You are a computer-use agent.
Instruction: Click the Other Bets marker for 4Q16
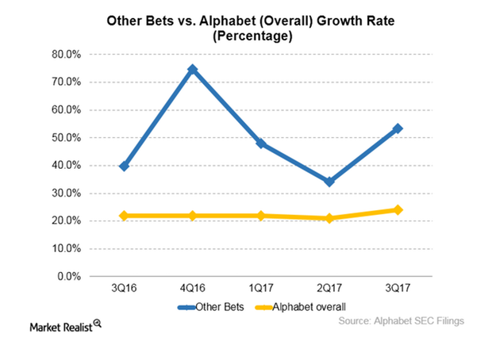click(x=192, y=70)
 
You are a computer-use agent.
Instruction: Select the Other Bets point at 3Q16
click(x=124, y=166)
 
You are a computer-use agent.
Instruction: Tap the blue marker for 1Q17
click(x=261, y=144)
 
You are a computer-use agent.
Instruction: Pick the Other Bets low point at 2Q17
click(x=329, y=182)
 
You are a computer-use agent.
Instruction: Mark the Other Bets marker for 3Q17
click(x=398, y=128)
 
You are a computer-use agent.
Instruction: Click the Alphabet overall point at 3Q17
click(x=398, y=210)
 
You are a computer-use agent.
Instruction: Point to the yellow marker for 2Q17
click(x=329, y=218)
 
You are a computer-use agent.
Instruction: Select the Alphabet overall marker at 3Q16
click(x=124, y=216)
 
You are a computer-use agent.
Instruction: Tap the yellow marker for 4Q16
click(x=192, y=216)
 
